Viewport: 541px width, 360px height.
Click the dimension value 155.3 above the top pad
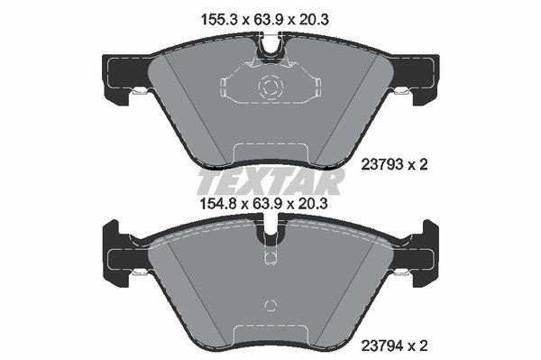(219, 20)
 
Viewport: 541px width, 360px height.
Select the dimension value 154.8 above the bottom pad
(218, 204)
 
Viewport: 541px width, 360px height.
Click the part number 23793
(382, 164)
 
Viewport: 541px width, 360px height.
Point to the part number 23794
(382, 346)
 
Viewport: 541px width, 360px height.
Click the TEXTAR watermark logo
(270, 181)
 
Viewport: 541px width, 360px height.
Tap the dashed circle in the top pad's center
(270, 86)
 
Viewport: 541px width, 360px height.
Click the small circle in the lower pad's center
(270, 304)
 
